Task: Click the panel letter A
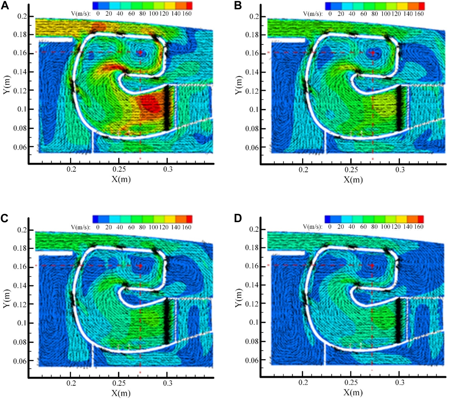click(x=5, y=5)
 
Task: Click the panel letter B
click(x=238, y=5)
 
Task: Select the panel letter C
click(x=5, y=219)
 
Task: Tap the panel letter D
click(x=238, y=219)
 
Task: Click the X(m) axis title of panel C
click(x=121, y=393)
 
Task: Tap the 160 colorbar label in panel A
click(x=187, y=14)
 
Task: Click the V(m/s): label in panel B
click(x=313, y=14)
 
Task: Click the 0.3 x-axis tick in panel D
click(x=400, y=383)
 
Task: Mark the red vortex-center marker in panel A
click(x=140, y=52)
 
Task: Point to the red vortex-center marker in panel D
click(x=372, y=266)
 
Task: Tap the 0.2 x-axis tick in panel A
click(x=71, y=170)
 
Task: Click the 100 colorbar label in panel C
click(x=153, y=227)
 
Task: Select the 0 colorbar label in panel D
click(x=329, y=227)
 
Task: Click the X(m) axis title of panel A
click(x=121, y=179)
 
